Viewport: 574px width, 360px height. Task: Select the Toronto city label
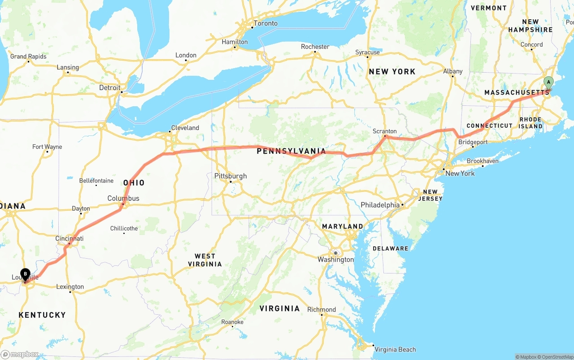pyautogui.click(x=265, y=23)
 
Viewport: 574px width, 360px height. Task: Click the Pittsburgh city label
pyautogui.click(x=230, y=176)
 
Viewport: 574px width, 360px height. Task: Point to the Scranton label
pyautogui.click(x=385, y=131)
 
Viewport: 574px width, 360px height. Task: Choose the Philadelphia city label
pyautogui.click(x=380, y=205)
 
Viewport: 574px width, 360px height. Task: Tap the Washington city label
pyautogui.click(x=335, y=260)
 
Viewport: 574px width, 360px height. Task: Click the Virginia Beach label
pyautogui.click(x=395, y=349)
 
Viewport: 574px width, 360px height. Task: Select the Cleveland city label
pyautogui.click(x=185, y=128)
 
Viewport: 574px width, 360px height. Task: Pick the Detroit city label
pyautogui.click(x=110, y=87)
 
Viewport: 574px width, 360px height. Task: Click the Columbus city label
pyautogui.click(x=123, y=198)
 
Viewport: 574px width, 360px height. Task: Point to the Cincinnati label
pyautogui.click(x=70, y=239)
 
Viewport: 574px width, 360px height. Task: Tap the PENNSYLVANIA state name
pyautogui.click(x=291, y=152)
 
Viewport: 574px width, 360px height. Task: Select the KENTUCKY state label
pyautogui.click(x=42, y=315)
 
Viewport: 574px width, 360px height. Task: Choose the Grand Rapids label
pyautogui.click(x=28, y=56)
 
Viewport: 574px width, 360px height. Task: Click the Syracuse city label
pyautogui.click(x=367, y=52)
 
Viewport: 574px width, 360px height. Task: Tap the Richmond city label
pyautogui.click(x=322, y=309)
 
